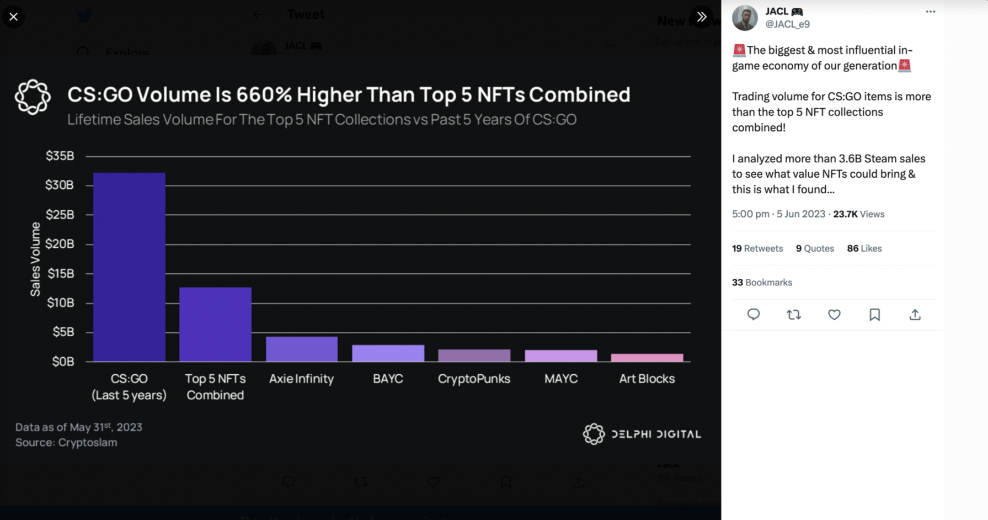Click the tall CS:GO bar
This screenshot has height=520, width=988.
coord(129,267)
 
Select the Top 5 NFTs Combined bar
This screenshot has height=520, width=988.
coord(215,325)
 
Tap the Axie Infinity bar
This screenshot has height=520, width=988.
coord(302,349)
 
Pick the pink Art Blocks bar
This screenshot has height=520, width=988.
coord(647,358)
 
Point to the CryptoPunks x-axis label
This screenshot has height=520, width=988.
coord(474,379)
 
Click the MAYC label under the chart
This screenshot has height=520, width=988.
coord(560,379)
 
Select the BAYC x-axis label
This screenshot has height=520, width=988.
coord(388,379)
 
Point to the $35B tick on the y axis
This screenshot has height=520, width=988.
coord(60,156)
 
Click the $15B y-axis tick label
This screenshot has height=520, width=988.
coord(60,273)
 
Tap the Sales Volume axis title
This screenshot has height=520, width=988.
coord(35,259)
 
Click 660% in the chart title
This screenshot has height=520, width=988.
coord(264,94)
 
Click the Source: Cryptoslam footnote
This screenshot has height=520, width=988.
coord(66,442)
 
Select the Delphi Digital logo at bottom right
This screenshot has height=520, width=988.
coord(642,434)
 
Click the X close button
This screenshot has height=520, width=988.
coord(13,17)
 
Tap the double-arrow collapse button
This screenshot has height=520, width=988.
coord(702,17)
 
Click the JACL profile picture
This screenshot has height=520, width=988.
coord(745,18)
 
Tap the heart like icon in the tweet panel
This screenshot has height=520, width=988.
coord(834,315)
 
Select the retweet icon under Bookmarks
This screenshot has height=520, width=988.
coord(794,315)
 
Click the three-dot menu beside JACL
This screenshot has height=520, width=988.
coord(931,12)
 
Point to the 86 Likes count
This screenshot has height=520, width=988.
coord(864,248)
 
